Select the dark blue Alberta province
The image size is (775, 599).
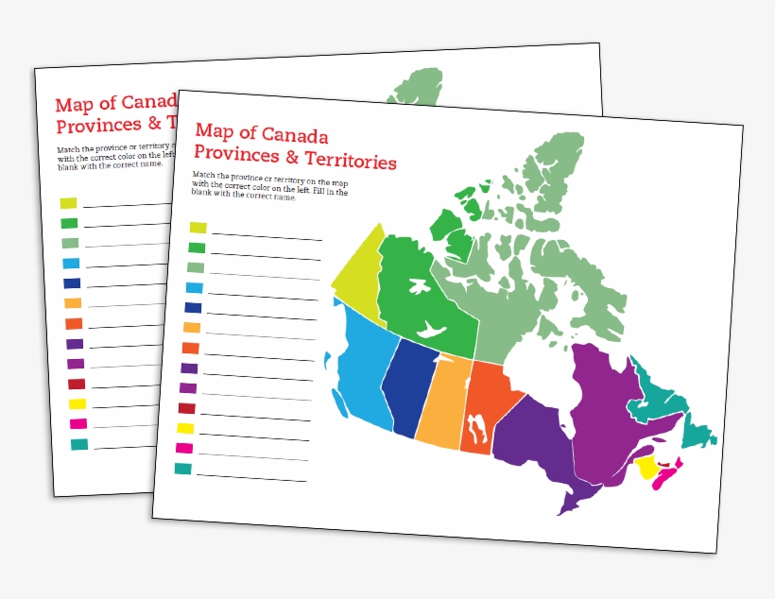tap(410, 387)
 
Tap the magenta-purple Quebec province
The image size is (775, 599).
tap(605, 406)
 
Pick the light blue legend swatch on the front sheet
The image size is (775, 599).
tap(195, 287)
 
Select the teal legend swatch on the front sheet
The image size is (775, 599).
tap(182, 469)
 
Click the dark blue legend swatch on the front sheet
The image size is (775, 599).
tap(193, 307)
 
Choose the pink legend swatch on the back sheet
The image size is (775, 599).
tap(77, 423)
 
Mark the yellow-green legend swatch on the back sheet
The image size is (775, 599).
tap(68, 203)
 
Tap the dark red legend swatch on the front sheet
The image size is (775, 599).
tap(186, 408)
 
